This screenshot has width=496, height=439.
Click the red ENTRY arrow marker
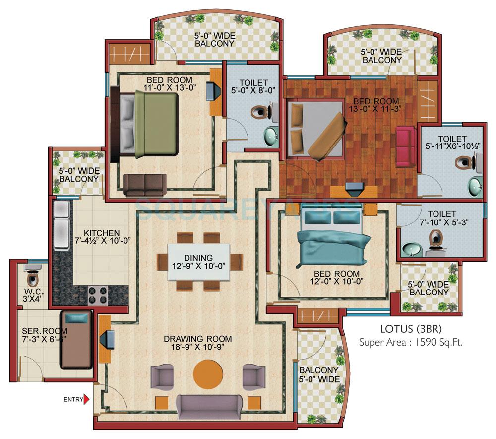[86, 399]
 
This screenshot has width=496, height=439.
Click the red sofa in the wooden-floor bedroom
[405, 140]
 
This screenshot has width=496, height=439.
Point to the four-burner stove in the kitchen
[98, 295]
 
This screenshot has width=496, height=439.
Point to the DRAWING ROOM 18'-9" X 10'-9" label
[198, 343]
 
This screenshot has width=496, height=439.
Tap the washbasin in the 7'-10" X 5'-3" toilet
[410, 248]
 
